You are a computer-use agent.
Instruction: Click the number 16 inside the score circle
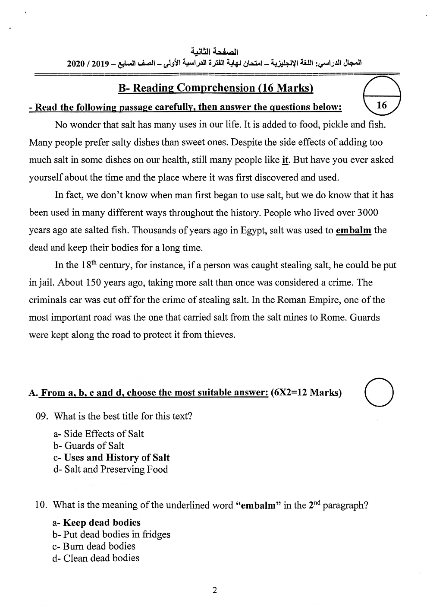click(x=382, y=105)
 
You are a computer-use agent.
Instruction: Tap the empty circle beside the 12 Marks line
click(x=379, y=392)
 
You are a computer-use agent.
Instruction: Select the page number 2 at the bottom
click(x=215, y=590)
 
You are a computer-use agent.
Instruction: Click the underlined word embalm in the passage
click(x=353, y=230)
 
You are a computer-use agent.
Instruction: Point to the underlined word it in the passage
click(x=285, y=160)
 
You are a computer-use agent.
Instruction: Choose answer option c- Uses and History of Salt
click(x=112, y=458)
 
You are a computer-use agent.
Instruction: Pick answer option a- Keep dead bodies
click(x=97, y=522)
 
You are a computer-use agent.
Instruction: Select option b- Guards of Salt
click(x=89, y=446)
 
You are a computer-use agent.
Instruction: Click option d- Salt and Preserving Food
click(x=110, y=469)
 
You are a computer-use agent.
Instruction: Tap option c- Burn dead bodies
click(x=94, y=546)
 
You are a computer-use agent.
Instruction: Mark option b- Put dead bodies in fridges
click(x=111, y=534)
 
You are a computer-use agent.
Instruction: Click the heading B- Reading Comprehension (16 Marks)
click(x=215, y=88)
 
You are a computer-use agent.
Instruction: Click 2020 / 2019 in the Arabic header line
click(x=88, y=64)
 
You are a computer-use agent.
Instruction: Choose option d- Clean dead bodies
click(x=96, y=558)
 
